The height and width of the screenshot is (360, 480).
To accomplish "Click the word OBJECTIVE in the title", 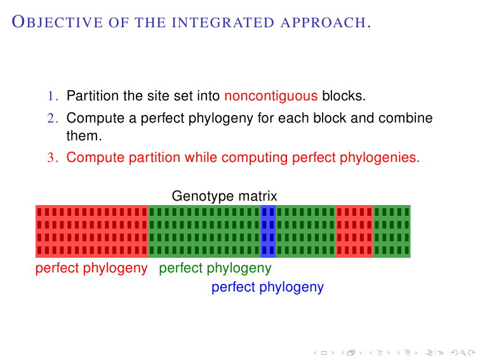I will tap(45, 23).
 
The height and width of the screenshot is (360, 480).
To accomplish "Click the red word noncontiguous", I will tap(271, 97).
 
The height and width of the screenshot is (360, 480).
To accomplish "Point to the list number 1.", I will tap(53, 97).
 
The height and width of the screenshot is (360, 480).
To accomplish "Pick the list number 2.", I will tap(53, 118).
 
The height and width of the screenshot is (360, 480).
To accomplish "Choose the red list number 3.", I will tap(53, 157).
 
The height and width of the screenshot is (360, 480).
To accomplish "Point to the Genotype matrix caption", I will tap(224, 197).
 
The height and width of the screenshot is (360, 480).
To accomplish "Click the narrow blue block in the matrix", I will tap(268, 232).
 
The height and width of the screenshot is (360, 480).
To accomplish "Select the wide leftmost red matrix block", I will tap(92, 232).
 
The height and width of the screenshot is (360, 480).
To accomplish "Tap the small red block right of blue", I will tap(354, 232).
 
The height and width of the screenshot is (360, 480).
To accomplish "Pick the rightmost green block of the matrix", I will tap(392, 232).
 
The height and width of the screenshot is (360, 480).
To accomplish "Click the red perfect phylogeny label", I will tap(91, 268).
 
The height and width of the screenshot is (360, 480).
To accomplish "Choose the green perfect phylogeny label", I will tap(215, 268).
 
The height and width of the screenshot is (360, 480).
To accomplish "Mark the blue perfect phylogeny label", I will tap(267, 287).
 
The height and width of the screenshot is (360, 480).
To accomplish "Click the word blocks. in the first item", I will tap(344, 97).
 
